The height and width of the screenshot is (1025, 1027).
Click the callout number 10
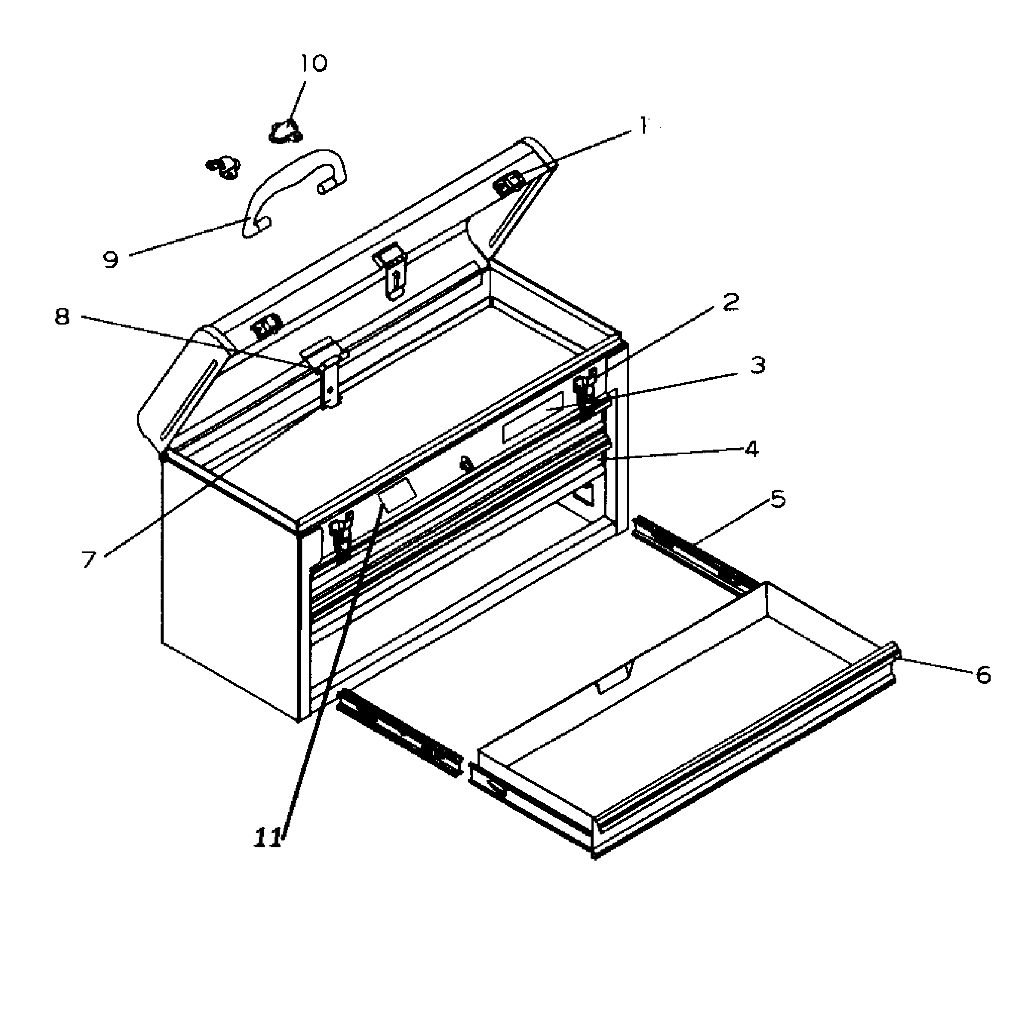click(x=313, y=64)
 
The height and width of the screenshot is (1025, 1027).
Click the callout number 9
click(x=111, y=260)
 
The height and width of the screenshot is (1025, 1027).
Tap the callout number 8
click(x=62, y=317)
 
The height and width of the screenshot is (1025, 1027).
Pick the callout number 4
click(x=751, y=450)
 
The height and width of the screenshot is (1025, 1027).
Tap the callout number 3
click(x=757, y=366)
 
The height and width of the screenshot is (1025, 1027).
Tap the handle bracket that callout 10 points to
click(x=286, y=131)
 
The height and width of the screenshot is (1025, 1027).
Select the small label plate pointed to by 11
click(x=397, y=494)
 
